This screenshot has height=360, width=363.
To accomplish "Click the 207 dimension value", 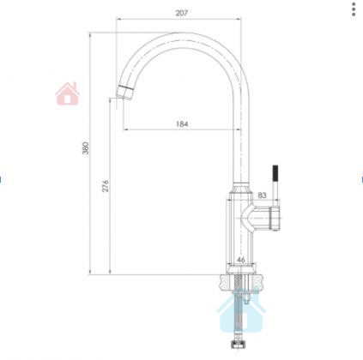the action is click(182, 13).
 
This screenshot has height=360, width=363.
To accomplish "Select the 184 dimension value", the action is click(182, 123).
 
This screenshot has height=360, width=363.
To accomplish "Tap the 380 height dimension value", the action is click(86, 147).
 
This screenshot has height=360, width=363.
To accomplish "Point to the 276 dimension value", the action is click(106, 186).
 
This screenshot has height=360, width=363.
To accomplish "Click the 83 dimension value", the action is click(262, 195).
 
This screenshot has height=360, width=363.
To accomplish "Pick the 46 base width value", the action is click(241, 260).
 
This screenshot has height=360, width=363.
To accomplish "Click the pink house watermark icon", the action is click(67, 93).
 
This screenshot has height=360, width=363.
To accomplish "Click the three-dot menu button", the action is click(354, 9).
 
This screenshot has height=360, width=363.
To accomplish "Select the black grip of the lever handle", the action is click(275, 174).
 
